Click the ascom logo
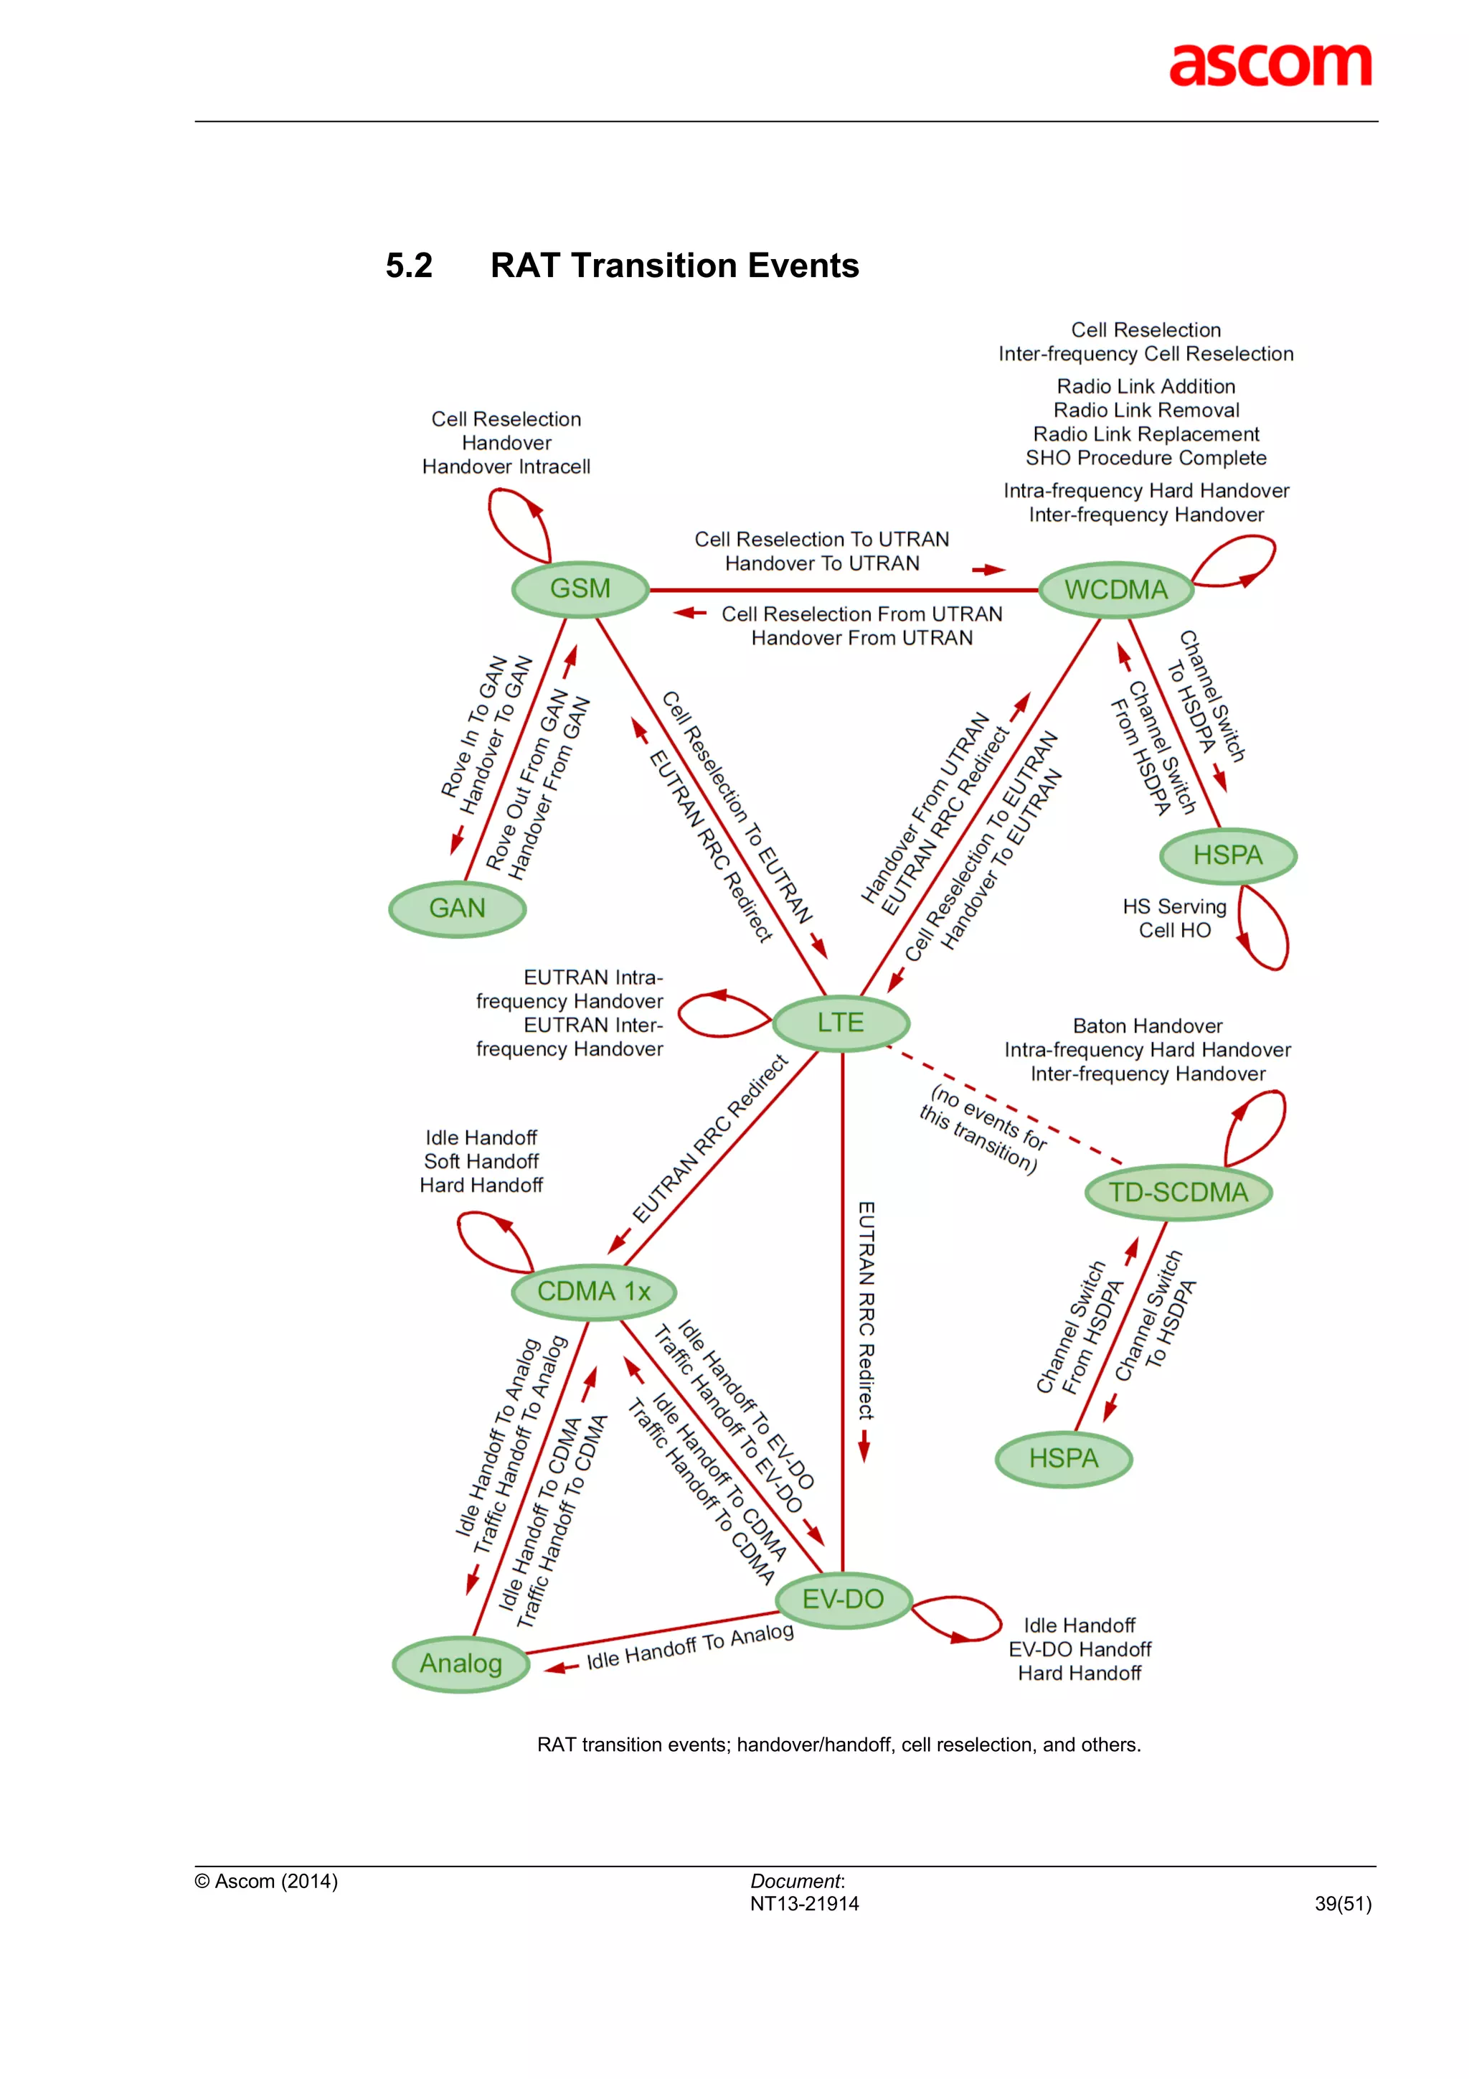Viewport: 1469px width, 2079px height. click(x=1269, y=65)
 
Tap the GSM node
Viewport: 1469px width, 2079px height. click(x=580, y=588)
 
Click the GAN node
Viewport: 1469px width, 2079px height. click(x=457, y=909)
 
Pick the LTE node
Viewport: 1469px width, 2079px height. click(x=841, y=1023)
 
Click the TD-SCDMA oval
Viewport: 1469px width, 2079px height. click(x=1178, y=1193)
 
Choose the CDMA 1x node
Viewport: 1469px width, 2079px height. click(x=594, y=1291)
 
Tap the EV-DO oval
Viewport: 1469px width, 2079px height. click(x=843, y=1599)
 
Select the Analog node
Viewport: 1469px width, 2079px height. click(x=460, y=1663)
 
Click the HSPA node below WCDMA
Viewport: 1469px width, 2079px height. click(x=1227, y=855)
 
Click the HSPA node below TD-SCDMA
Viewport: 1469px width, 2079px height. click(x=1064, y=1459)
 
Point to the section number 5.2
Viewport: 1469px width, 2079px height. click(x=409, y=266)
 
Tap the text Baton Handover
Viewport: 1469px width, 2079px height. click(x=1147, y=1026)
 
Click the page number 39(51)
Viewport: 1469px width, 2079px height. click(x=1342, y=1904)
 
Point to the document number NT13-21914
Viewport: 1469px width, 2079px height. click(x=804, y=1904)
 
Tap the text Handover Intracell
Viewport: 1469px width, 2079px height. click(x=506, y=467)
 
